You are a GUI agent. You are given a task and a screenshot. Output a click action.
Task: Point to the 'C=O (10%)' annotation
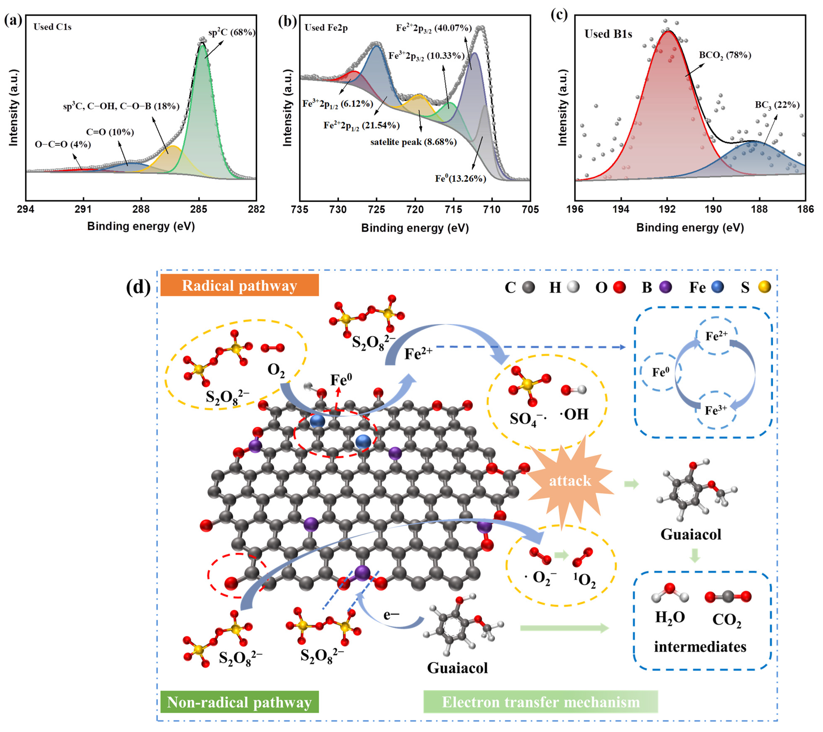(110, 132)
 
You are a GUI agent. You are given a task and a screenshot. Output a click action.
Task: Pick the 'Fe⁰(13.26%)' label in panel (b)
(460, 178)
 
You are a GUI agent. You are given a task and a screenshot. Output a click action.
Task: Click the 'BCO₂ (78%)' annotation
(725, 55)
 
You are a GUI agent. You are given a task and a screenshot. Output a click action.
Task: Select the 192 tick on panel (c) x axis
(667, 209)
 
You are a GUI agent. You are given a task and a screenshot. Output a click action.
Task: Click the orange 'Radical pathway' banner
(240, 285)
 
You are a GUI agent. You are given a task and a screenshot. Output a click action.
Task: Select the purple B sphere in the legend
(665, 287)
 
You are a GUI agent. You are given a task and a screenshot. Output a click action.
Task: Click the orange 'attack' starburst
(570, 481)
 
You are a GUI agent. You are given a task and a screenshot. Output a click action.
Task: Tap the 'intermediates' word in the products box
(700, 647)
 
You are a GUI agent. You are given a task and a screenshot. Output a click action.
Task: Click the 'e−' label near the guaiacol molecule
(391, 615)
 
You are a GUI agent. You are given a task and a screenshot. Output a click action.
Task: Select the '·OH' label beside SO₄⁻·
(574, 414)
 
